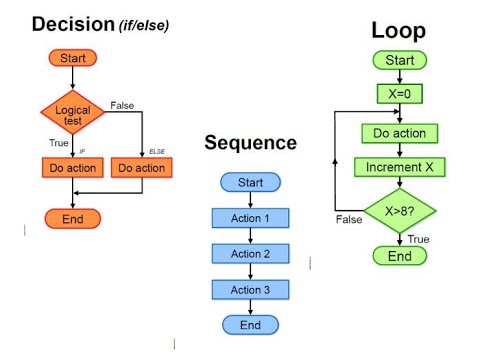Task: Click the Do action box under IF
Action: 73,168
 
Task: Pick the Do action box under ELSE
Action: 142,168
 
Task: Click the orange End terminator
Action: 73,219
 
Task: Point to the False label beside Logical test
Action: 123,105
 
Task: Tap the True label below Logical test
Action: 58,143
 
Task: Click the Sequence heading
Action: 250,143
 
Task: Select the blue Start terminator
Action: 250,182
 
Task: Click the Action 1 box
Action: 250,218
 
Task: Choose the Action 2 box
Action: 250,254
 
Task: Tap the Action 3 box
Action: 250,289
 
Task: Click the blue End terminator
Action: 250,325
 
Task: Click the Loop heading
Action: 399,31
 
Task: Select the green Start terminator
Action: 399,62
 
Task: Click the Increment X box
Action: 399,166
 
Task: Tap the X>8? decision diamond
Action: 399,211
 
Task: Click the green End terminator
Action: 399,256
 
